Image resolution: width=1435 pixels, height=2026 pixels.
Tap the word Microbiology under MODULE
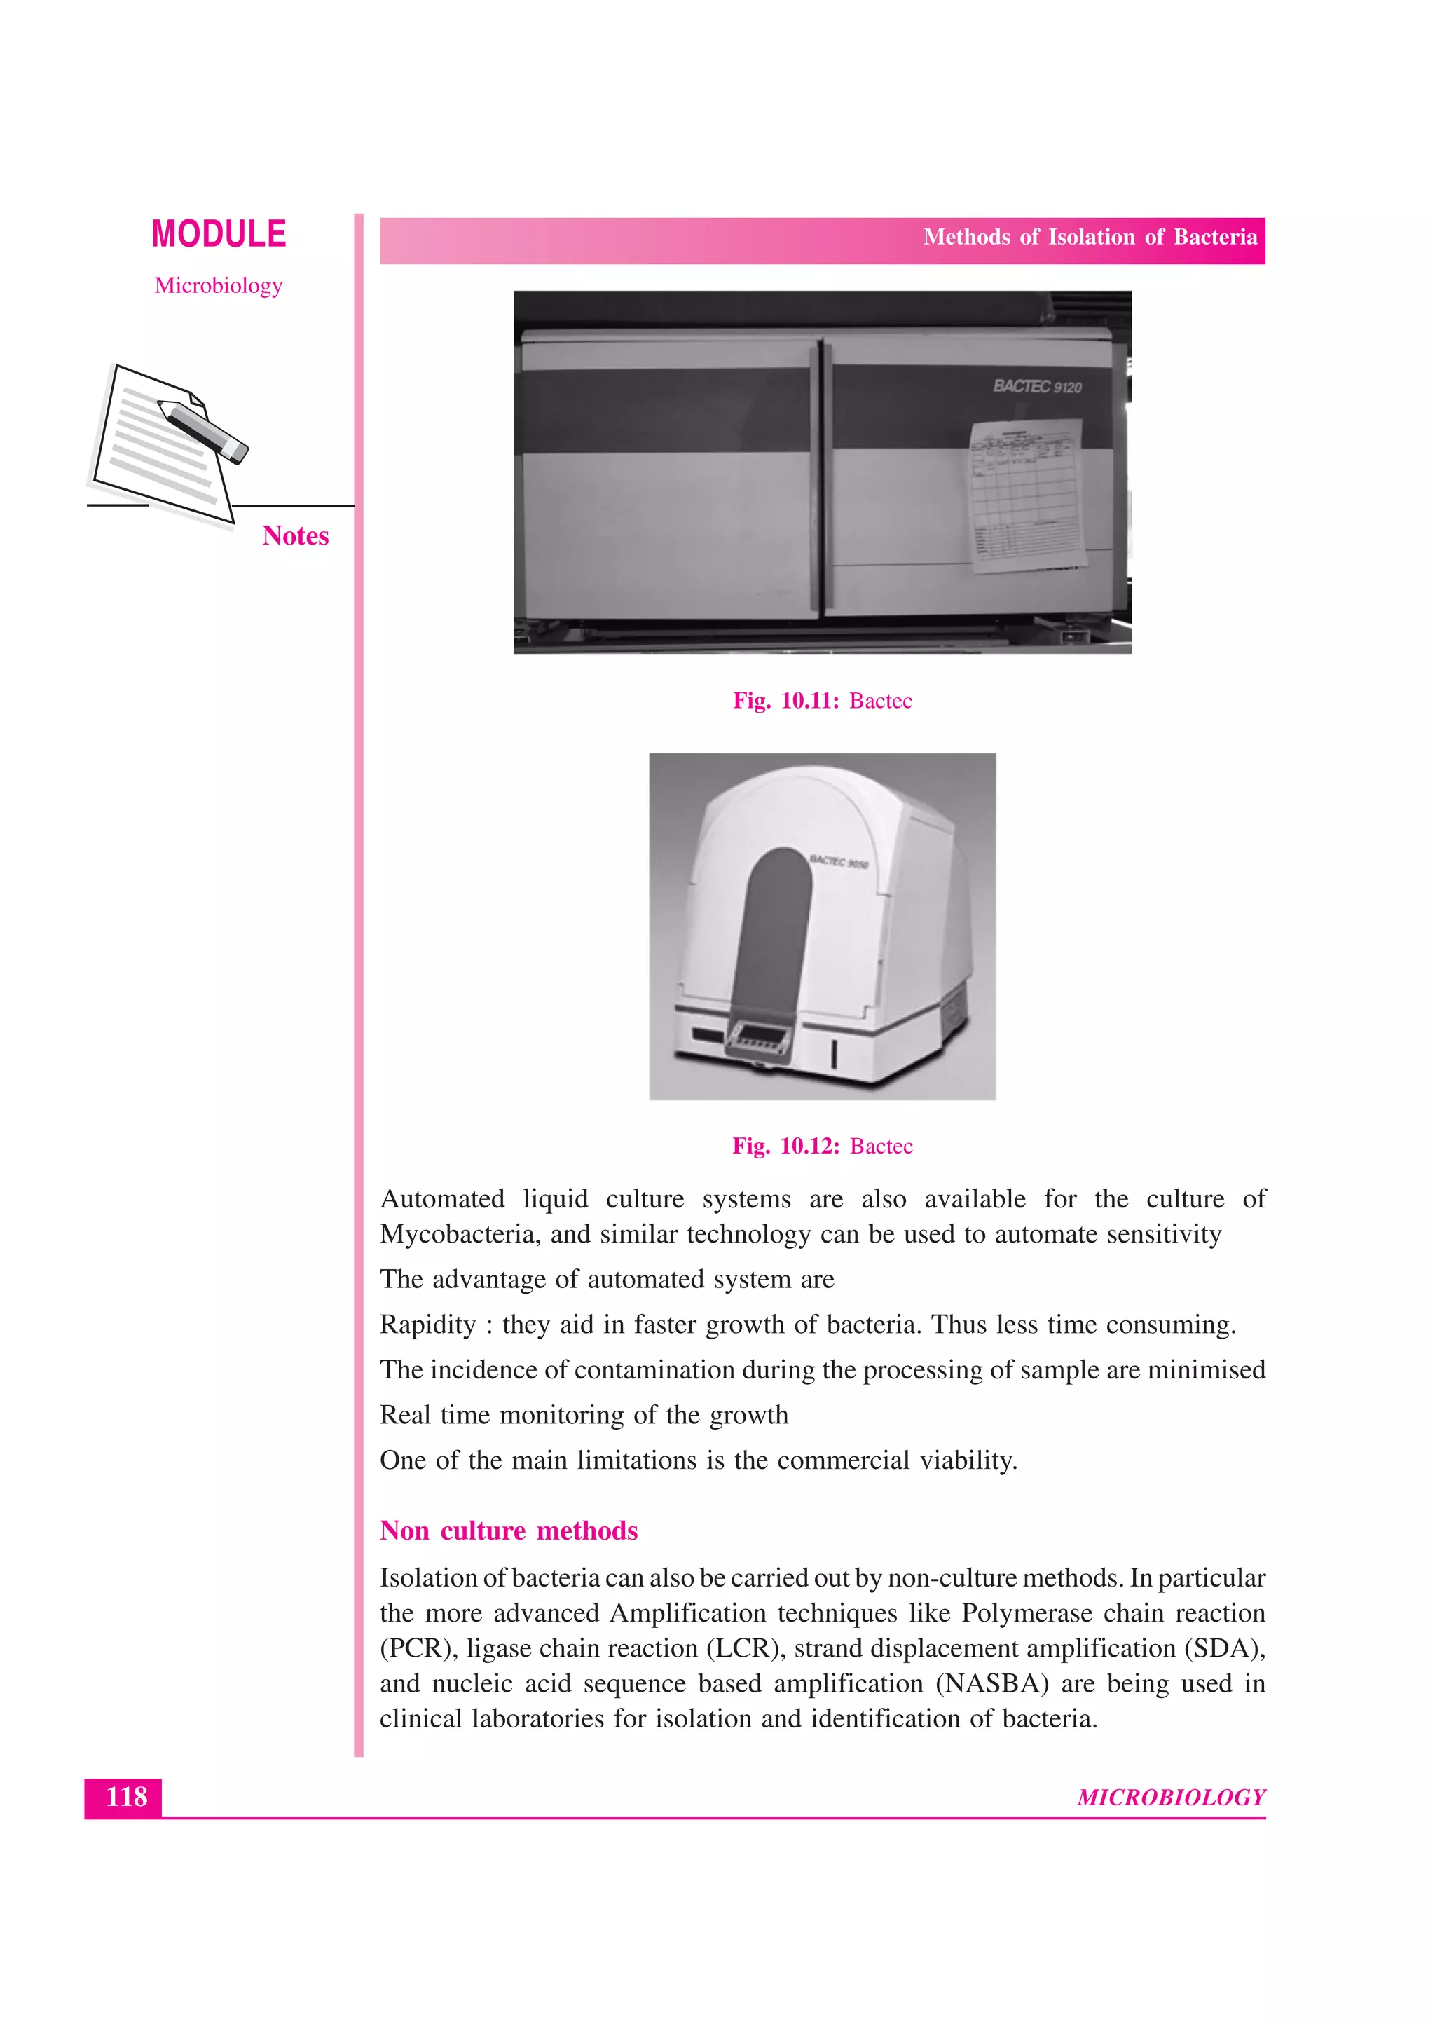point(218,285)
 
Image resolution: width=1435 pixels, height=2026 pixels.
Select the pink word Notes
point(295,535)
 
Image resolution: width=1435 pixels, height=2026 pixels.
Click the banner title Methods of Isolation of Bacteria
point(1090,237)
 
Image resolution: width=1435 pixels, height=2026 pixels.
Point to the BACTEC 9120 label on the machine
point(1036,386)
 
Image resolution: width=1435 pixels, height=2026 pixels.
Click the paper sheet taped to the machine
point(1027,495)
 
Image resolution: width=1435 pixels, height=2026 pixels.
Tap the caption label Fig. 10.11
point(785,701)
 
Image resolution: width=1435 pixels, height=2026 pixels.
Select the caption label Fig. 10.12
point(785,1146)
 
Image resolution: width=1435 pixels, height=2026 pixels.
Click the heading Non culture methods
point(508,1531)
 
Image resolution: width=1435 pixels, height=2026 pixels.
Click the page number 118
point(125,1796)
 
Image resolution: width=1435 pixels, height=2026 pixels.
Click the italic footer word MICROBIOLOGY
point(1171,1797)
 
